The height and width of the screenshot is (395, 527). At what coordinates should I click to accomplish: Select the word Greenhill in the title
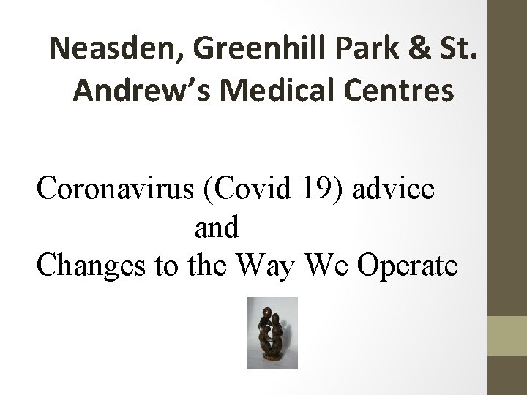tap(228, 49)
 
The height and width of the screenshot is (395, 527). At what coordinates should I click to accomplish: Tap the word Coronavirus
tap(115, 189)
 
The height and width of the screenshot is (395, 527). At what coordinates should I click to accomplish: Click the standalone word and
tap(217, 228)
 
